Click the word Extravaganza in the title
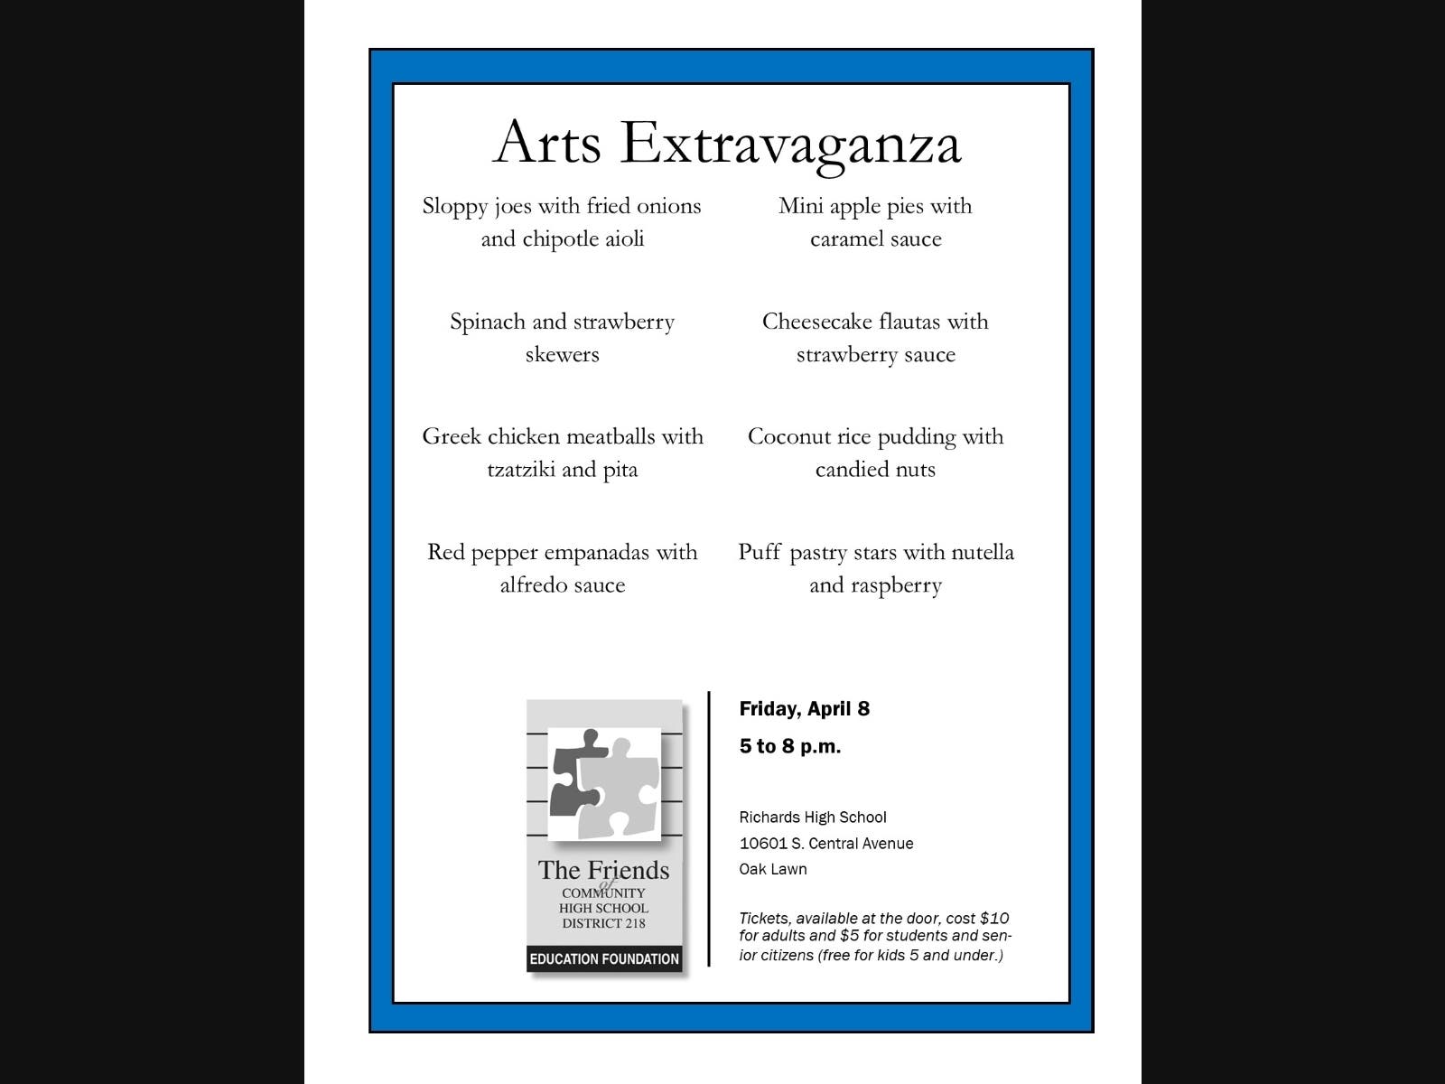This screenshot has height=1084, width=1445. (790, 143)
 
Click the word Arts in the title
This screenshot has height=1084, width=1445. (547, 143)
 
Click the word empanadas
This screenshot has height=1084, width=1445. (596, 553)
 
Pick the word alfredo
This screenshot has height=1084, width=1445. (535, 585)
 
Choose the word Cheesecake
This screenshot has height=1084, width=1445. (816, 322)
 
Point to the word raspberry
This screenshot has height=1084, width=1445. (896, 585)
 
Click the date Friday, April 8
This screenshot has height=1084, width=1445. (804, 709)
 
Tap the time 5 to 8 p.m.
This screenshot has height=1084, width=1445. (789, 746)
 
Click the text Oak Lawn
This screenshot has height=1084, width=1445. (773, 869)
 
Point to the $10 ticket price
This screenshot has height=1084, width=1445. (994, 918)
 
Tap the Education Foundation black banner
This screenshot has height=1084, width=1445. (604, 959)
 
